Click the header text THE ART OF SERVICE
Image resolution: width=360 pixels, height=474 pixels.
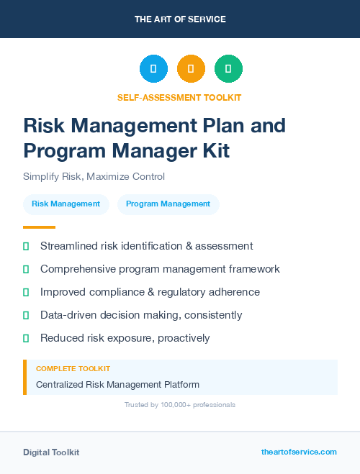pyautogui.click(x=180, y=19)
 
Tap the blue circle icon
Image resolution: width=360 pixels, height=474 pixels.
pyautogui.click(x=153, y=68)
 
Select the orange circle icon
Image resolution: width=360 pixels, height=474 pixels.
pyautogui.click(x=191, y=68)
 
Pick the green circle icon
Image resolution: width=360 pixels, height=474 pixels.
pyautogui.click(x=228, y=68)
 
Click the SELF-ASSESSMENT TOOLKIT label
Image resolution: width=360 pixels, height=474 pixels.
pyautogui.click(x=180, y=97)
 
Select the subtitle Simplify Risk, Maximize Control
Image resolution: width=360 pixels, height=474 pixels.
pyautogui.click(x=94, y=177)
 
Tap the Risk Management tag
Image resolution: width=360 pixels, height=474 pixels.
pyautogui.click(x=66, y=204)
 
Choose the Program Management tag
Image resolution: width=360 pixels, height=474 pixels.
pyautogui.click(x=168, y=204)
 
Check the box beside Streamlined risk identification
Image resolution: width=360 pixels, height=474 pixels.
pyautogui.click(x=26, y=246)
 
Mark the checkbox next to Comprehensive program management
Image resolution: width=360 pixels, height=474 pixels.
pyautogui.click(x=26, y=269)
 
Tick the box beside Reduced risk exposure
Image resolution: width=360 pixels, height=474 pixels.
pyautogui.click(x=26, y=338)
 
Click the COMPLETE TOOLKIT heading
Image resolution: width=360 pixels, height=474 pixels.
pyautogui.click(x=70, y=368)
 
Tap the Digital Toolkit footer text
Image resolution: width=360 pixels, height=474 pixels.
pyautogui.click(x=51, y=452)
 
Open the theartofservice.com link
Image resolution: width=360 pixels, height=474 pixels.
pyautogui.click(x=299, y=452)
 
